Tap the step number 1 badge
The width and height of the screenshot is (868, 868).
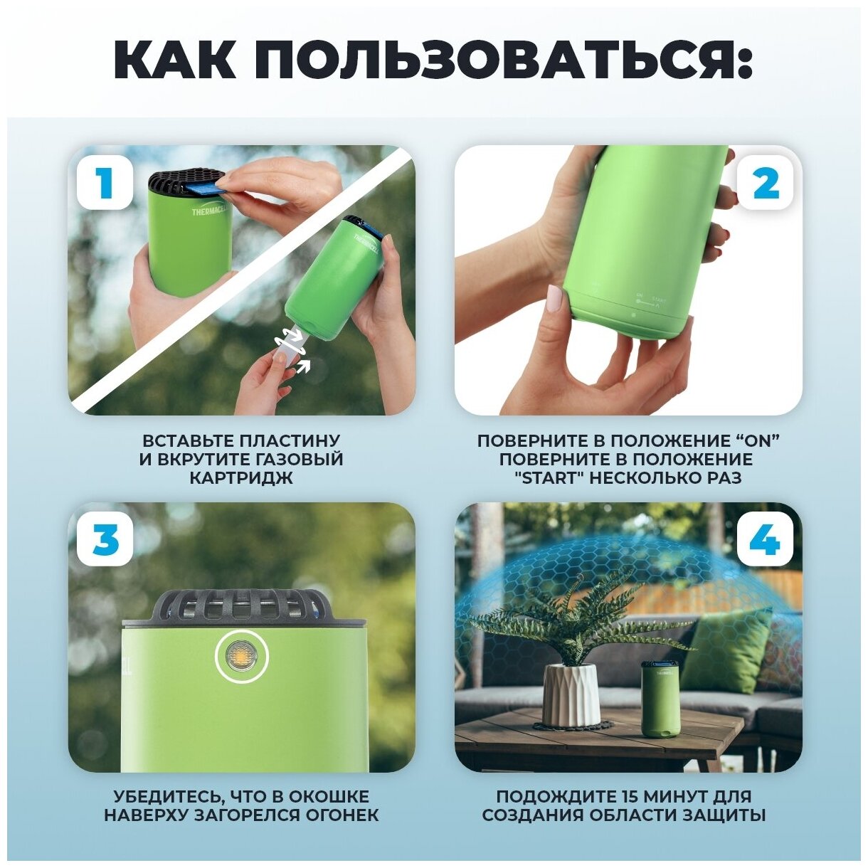coord(105,182)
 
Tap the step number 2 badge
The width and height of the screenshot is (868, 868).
coord(766,182)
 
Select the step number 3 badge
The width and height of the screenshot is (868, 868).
coord(105,539)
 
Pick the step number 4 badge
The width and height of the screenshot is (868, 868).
coord(766,539)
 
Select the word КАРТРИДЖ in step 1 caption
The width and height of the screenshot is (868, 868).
coord(241,478)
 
